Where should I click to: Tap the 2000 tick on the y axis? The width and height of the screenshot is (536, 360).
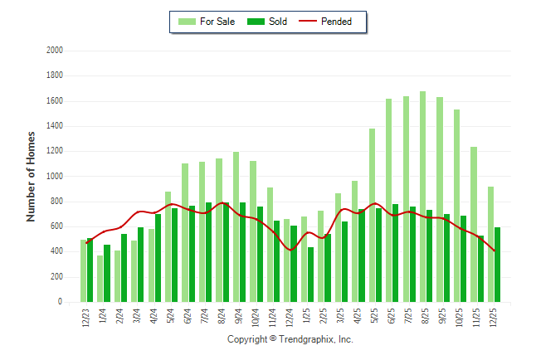point(55,51)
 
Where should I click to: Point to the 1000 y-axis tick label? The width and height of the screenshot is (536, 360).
point(55,177)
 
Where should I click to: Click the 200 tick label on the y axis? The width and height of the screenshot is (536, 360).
point(57,277)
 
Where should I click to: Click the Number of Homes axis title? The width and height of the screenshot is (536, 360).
point(32,176)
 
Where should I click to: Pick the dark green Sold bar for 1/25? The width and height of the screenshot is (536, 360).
point(310,275)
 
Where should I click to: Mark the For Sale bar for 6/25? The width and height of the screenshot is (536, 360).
point(388,200)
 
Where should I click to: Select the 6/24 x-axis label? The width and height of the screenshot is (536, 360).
point(189,318)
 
